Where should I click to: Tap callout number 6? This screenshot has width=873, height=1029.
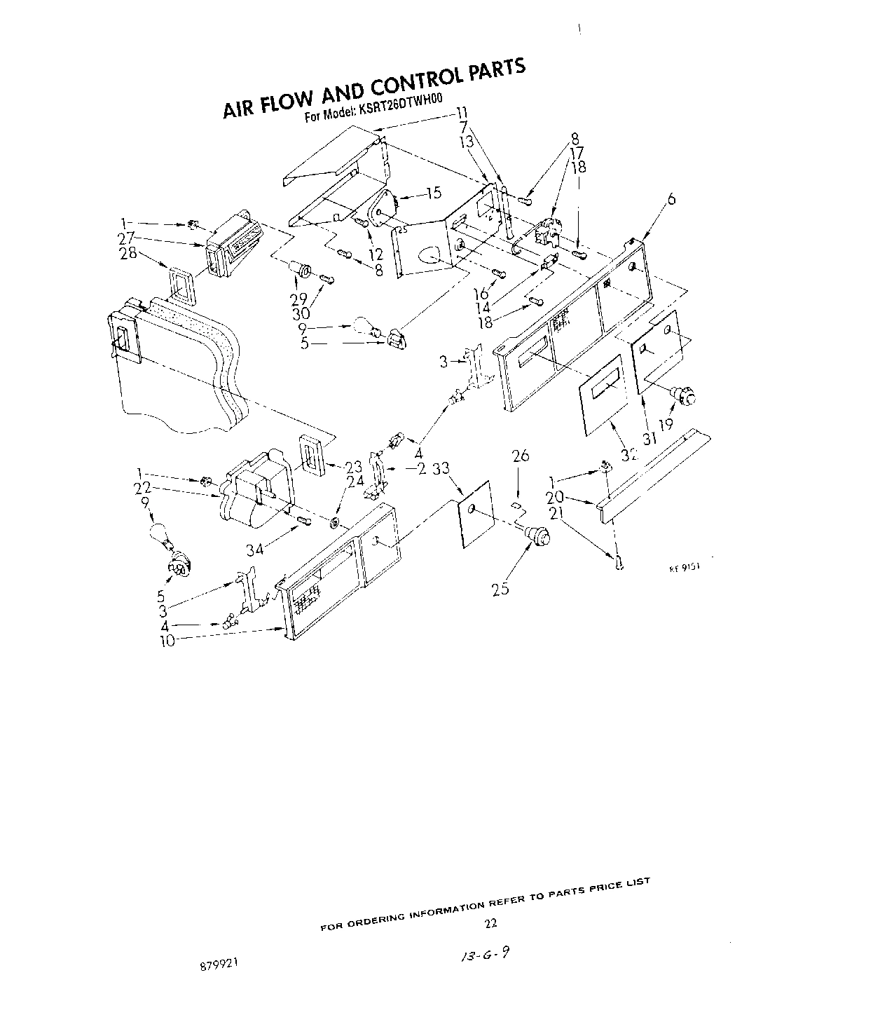pyautogui.click(x=671, y=199)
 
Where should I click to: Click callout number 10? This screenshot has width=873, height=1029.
pyautogui.click(x=167, y=641)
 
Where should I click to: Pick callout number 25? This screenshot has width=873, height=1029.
pyautogui.click(x=500, y=590)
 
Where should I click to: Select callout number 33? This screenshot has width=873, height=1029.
pyautogui.click(x=441, y=469)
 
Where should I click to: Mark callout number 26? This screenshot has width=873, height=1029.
pyautogui.click(x=520, y=456)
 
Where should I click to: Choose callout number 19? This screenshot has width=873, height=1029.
pyautogui.click(x=665, y=423)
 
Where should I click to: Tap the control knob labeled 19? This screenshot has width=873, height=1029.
pyautogui.click(x=686, y=397)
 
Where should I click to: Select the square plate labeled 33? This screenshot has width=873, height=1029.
pyautogui.click(x=474, y=512)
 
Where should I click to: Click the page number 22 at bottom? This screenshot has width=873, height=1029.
pyautogui.click(x=490, y=922)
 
